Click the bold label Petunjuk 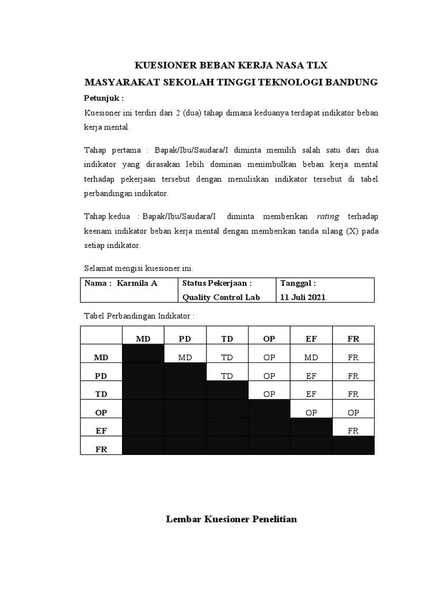click(x=104, y=98)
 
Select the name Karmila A click(x=137, y=283)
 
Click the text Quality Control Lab click(x=221, y=297)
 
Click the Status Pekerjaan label click(x=217, y=283)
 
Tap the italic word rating click(x=328, y=216)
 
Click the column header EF click(x=311, y=339)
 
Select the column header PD click(x=185, y=339)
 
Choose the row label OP click(x=101, y=412)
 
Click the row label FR click(x=101, y=449)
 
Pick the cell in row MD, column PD click(x=185, y=357)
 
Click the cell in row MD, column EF click(x=311, y=357)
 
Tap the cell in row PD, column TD click(x=227, y=376)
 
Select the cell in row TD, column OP click(x=269, y=394)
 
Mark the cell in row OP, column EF click(x=311, y=412)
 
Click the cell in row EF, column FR click(x=353, y=430)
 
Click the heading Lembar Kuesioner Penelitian click(x=231, y=519)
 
